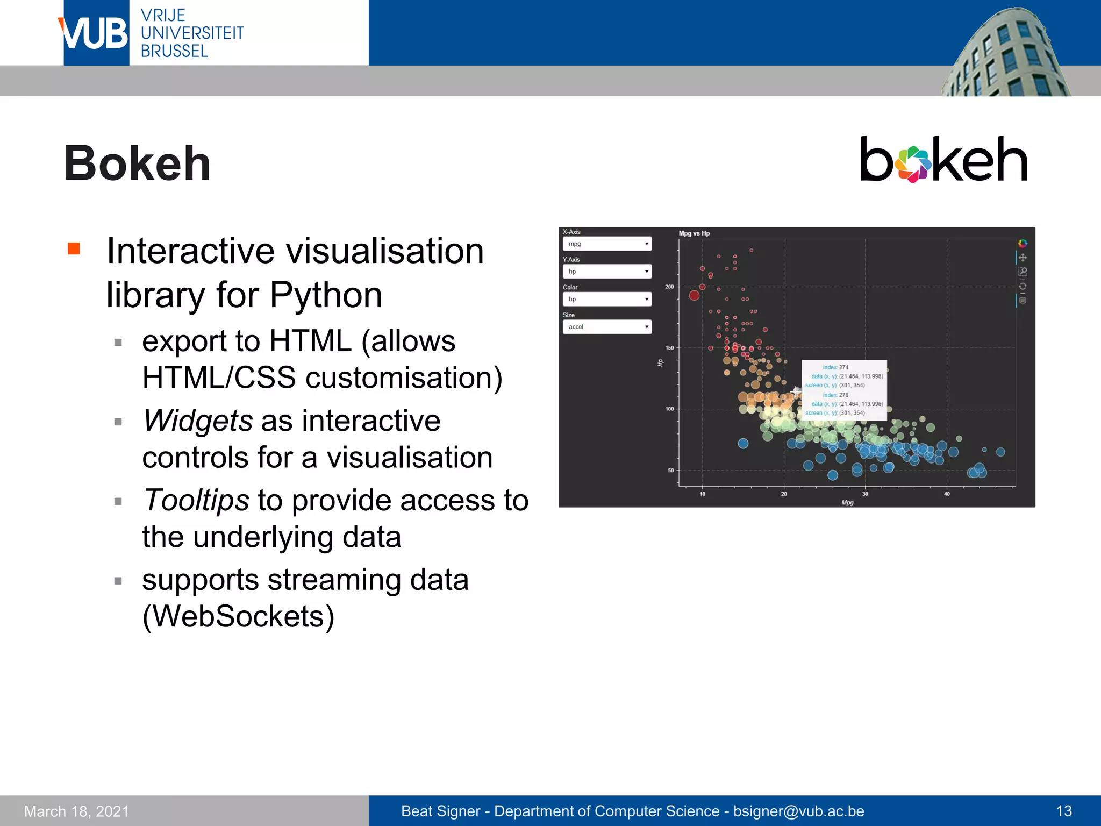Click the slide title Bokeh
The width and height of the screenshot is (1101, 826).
click(x=137, y=163)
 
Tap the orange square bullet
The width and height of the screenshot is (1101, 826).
click(x=74, y=248)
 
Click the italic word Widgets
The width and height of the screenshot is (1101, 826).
click(x=197, y=421)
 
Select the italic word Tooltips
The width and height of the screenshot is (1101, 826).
click(x=196, y=500)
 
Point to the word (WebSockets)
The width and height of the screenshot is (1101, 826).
click(x=238, y=616)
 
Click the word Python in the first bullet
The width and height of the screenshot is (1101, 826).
click(x=325, y=295)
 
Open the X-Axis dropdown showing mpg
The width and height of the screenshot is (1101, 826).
click(x=607, y=244)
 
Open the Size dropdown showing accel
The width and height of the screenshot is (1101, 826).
click(x=607, y=327)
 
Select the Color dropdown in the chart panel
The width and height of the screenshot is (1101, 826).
click(x=607, y=300)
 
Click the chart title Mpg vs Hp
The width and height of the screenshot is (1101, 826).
click(x=694, y=233)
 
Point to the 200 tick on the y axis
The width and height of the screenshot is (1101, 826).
click(x=669, y=287)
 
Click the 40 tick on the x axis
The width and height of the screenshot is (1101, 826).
click(x=947, y=494)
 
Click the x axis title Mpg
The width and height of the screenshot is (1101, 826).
click(x=847, y=502)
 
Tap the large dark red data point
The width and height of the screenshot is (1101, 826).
click(x=694, y=295)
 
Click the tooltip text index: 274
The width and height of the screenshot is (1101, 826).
click(x=835, y=367)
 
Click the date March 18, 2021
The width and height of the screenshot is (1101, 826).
click(x=76, y=811)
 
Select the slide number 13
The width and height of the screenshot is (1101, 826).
click(x=1063, y=811)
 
